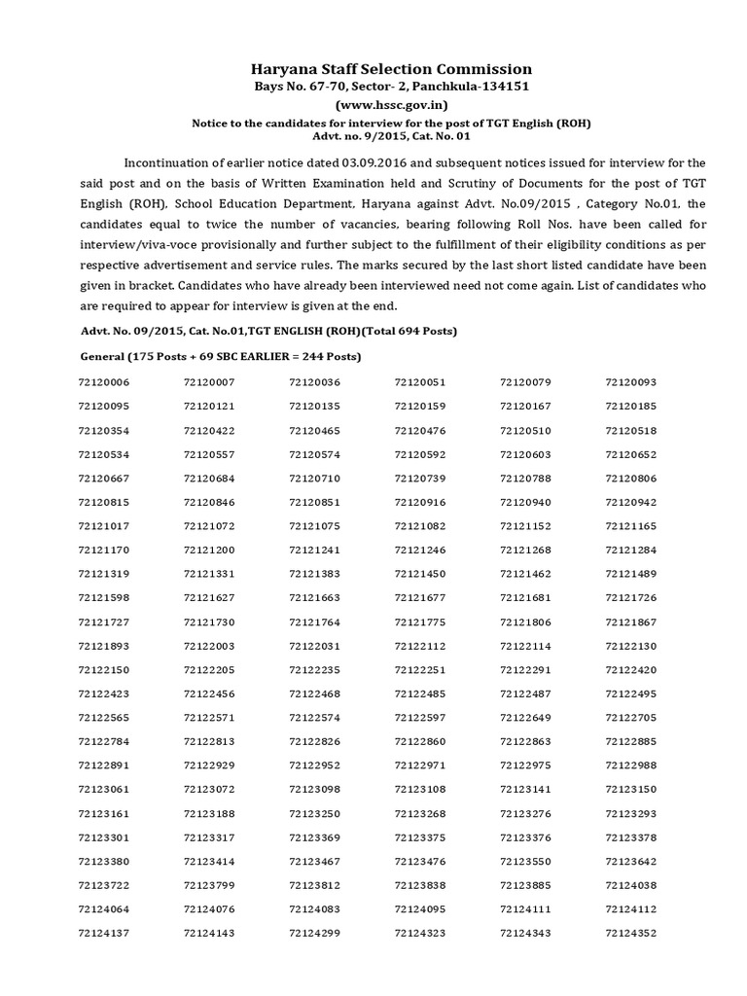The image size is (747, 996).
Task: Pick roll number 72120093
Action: point(631,383)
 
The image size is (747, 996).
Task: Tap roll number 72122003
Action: point(209,647)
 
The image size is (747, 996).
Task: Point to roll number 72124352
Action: point(631,934)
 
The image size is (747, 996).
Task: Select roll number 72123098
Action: point(314,790)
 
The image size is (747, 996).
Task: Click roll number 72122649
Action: point(525,719)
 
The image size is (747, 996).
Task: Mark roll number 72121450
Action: point(420,575)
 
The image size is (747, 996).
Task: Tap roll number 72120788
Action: point(525,479)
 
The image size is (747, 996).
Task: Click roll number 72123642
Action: point(631,862)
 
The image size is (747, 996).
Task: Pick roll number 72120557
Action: point(209,455)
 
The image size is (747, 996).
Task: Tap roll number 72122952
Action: point(314,766)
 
